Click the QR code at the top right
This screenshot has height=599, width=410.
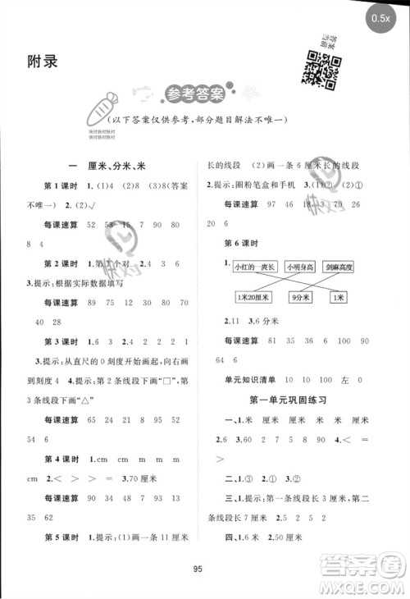pyautogui.click(x=321, y=69)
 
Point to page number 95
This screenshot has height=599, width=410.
pyautogui.click(x=204, y=572)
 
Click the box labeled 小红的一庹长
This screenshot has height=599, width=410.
pyautogui.click(x=254, y=266)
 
